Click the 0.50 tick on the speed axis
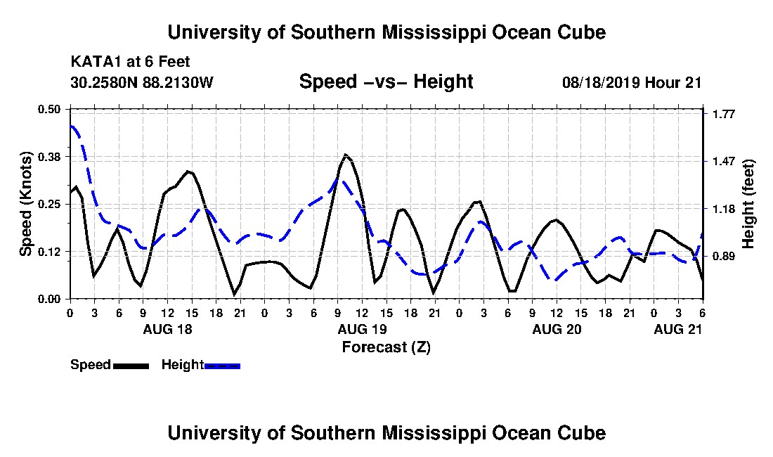49,109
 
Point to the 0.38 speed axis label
49,157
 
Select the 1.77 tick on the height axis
723,115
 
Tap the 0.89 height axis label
723,257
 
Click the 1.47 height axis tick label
723,162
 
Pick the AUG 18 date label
168,329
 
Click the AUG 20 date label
557,329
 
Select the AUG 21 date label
678,329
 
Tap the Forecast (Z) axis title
386,347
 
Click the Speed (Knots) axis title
25,204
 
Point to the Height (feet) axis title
748,204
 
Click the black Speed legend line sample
131,366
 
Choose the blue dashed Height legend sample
222,366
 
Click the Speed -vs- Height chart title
386,82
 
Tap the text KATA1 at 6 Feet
130,62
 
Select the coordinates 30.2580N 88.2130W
142,82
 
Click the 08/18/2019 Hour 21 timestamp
632,82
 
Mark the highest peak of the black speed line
345,154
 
